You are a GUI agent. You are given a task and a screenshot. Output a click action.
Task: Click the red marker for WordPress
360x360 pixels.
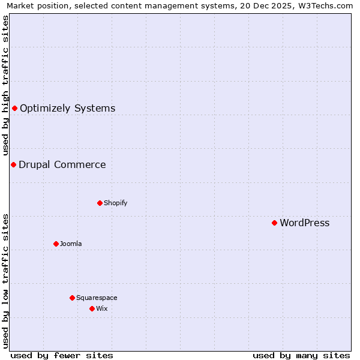click(274, 223)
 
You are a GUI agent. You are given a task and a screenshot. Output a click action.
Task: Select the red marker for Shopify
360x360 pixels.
click(100, 203)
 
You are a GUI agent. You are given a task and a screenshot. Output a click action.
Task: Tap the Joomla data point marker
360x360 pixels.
click(56, 244)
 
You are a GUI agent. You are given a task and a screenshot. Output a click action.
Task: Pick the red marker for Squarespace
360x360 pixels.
click(72, 298)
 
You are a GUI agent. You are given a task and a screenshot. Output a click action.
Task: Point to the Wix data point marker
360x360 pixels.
click(92, 308)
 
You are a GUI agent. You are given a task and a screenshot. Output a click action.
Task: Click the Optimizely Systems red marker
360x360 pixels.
click(14, 108)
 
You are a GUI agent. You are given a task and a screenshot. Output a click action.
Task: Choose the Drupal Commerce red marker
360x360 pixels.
click(13, 164)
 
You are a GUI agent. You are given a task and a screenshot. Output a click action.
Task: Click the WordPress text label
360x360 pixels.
click(304, 223)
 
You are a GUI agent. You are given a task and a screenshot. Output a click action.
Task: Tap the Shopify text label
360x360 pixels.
click(115, 203)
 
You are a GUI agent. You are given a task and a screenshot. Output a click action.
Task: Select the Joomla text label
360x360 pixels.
click(71, 244)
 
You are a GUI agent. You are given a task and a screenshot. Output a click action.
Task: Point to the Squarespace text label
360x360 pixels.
click(97, 298)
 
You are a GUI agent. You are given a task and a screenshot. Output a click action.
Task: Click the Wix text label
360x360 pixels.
click(101, 308)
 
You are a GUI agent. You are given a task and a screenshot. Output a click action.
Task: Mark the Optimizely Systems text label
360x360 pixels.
click(67, 108)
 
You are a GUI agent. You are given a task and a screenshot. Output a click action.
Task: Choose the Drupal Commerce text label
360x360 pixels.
click(62, 164)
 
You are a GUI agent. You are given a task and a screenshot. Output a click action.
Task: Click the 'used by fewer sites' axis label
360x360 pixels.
click(62, 355)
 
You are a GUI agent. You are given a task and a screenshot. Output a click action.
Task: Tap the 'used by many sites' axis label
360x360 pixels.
click(301, 355)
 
